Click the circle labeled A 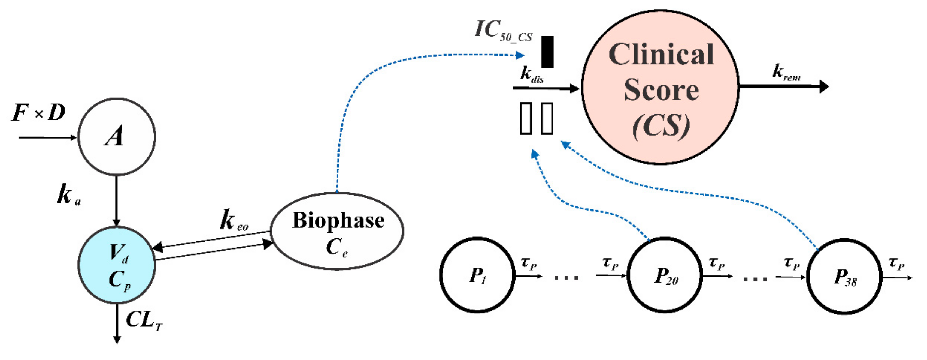click(x=117, y=137)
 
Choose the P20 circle click(x=664, y=275)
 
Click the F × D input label click(x=38, y=113)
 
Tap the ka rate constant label click(x=68, y=194)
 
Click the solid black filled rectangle click(x=547, y=52)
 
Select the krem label click(x=786, y=72)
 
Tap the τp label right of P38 click(x=896, y=263)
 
